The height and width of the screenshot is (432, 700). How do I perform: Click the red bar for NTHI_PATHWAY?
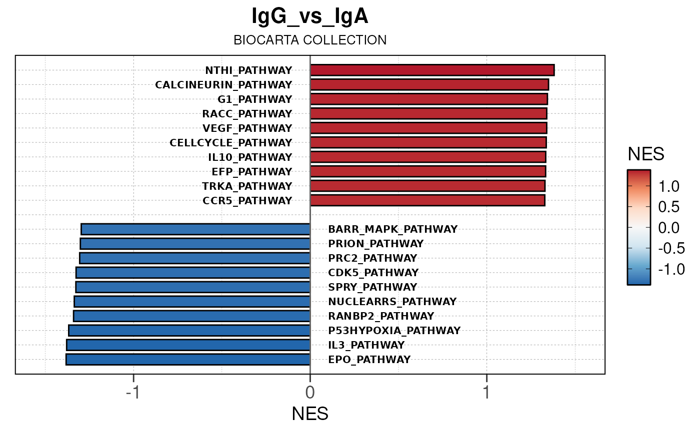[432, 70]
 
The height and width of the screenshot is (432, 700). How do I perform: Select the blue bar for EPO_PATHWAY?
[188, 360]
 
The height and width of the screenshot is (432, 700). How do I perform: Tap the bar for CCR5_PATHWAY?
[427, 201]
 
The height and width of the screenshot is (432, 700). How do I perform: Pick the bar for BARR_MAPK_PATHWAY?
[195, 229]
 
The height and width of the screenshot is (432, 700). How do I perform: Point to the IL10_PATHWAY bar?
[428, 157]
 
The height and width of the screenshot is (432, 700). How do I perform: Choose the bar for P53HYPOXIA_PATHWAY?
[189, 331]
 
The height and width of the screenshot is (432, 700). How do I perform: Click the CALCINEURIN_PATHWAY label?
[223, 84]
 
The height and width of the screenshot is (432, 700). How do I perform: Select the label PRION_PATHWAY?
[375, 244]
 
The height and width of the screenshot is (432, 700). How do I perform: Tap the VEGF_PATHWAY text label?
[247, 128]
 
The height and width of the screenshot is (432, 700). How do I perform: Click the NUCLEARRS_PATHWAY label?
[392, 302]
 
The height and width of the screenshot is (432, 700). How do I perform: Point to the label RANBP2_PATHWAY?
[381, 316]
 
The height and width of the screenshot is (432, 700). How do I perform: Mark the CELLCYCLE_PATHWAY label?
[230, 143]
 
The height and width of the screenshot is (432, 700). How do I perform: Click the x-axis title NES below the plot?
[310, 414]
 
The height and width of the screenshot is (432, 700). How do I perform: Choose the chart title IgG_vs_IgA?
[310, 17]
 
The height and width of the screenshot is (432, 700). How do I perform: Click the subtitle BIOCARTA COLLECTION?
[310, 40]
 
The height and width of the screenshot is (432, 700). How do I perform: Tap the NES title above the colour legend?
[645, 155]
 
